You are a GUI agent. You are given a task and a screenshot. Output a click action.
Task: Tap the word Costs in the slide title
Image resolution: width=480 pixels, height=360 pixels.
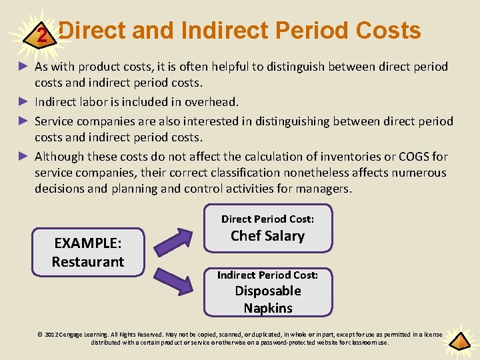point(389,31)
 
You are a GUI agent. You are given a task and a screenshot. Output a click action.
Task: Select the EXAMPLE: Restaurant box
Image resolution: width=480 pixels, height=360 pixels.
point(88,251)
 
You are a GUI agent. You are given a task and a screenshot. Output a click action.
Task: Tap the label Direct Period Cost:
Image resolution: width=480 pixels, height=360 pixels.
point(267,219)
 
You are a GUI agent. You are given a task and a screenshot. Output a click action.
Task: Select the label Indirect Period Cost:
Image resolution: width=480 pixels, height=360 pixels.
point(267,275)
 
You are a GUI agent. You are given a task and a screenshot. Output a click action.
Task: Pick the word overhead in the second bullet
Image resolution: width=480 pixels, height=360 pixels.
point(214,102)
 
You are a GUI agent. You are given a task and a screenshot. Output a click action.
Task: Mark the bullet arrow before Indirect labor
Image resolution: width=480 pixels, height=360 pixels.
point(23,102)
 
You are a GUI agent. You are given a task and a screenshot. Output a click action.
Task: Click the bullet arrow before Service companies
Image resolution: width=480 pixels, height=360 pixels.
point(23,121)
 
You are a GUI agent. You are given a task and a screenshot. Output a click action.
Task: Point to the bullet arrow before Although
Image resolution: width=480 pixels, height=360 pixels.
point(23,157)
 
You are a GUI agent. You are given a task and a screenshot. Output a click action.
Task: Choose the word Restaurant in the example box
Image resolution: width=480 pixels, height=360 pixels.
point(88,261)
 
